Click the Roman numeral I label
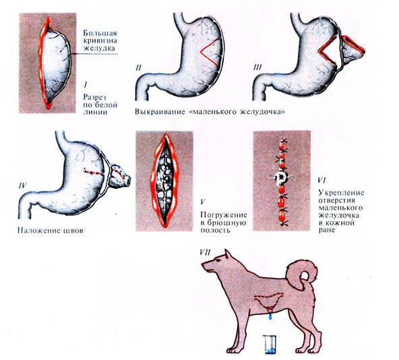pyautogui.click(x=86, y=84)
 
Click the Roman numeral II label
pyautogui.click(x=139, y=67)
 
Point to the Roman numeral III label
pyautogui.click(x=257, y=67)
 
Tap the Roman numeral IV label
pyautogui.click(x=22, y=185)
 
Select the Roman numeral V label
pyautogui.click(x=203, y=202)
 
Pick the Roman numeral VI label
pyautogui.click(x=322, y=180)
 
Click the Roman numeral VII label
pyautogui.click(x=206, y=252)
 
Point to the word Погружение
pyautogui.click(x=224, y=215)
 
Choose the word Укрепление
pyautogui.click(x=341, y=193)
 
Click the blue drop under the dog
pyautogui.click(x=271, y=318)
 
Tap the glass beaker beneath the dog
pyautogui.click(x=270, y=344)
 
